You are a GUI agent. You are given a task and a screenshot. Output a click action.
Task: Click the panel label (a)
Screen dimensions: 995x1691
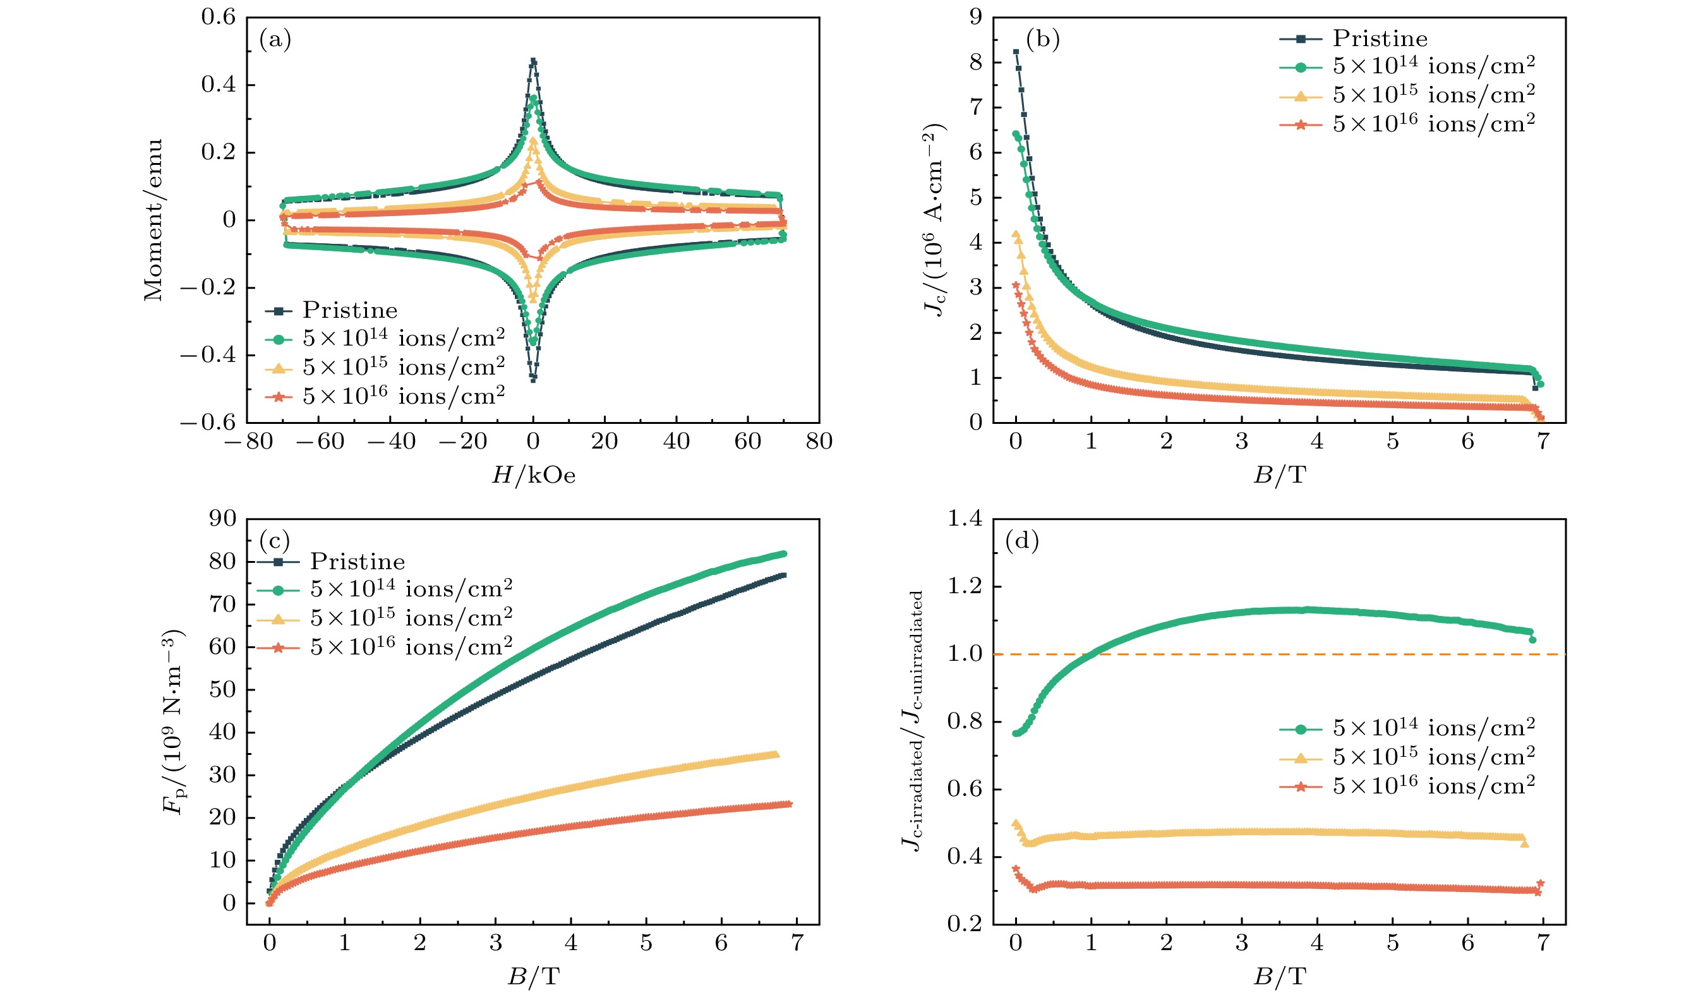pos(275,40)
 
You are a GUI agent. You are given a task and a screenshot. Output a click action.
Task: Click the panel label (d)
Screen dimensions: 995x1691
pos(1022,540)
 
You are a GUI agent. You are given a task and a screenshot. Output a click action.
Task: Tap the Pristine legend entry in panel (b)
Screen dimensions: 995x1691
pos(1379,39)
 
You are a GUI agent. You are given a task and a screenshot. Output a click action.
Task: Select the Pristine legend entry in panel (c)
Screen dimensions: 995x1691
pos(357,562)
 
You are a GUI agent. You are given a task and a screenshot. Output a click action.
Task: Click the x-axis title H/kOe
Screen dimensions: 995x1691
pos(534,476)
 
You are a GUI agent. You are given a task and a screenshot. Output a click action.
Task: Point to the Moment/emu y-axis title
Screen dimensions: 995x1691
pos(153,220)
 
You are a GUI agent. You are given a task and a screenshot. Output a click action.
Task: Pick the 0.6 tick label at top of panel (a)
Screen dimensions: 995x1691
pos(219,17)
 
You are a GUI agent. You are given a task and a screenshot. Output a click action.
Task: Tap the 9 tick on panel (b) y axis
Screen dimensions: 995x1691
pos(976,17)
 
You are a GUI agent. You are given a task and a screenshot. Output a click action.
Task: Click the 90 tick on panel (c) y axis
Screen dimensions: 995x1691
pos(223,519)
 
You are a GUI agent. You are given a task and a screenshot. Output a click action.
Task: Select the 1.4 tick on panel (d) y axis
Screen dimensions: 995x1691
pos(965,519)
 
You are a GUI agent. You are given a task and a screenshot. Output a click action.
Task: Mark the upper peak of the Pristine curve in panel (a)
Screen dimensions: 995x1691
pos(534,61)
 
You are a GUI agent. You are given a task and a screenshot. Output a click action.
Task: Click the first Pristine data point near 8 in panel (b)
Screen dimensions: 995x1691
pos(1016,52)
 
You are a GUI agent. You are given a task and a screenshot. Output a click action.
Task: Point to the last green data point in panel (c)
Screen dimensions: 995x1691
pos(783,554)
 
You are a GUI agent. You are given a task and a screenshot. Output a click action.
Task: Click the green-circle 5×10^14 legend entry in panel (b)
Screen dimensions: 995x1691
pos(1433,67)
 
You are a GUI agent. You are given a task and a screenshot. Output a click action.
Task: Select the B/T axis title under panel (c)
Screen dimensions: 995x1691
pos(534,977)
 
